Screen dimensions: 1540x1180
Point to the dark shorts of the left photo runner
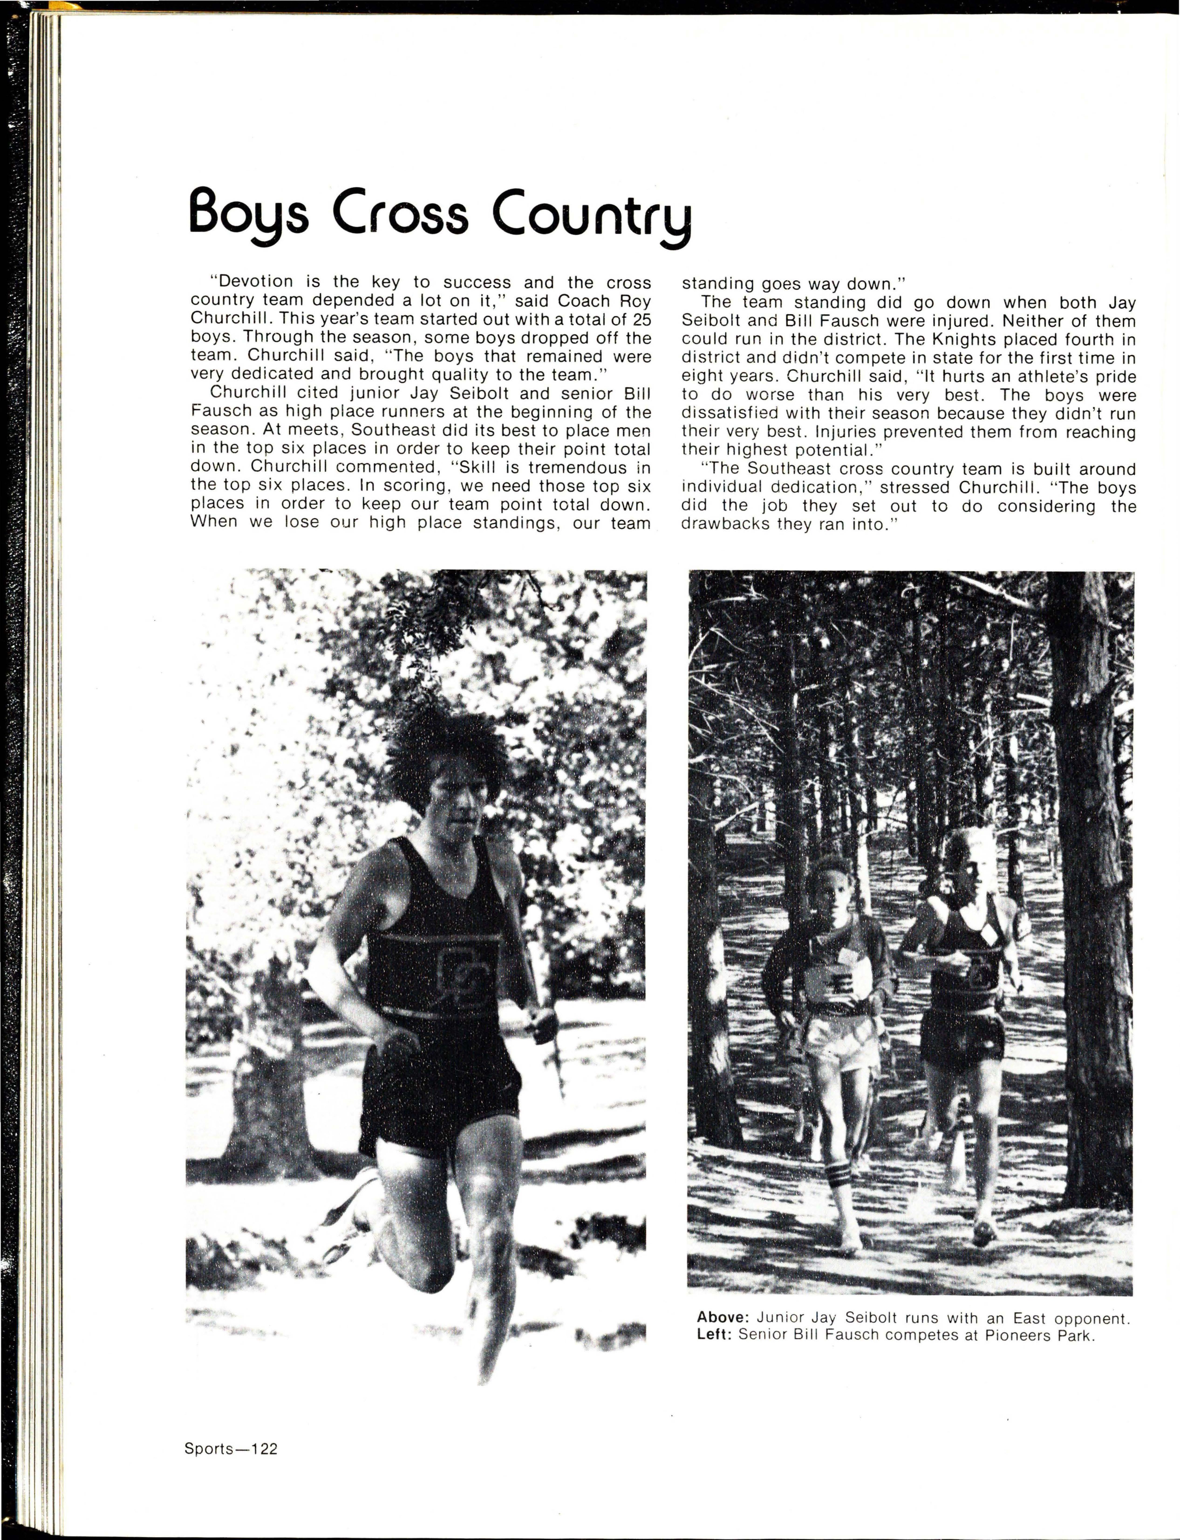(436, 1095)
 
